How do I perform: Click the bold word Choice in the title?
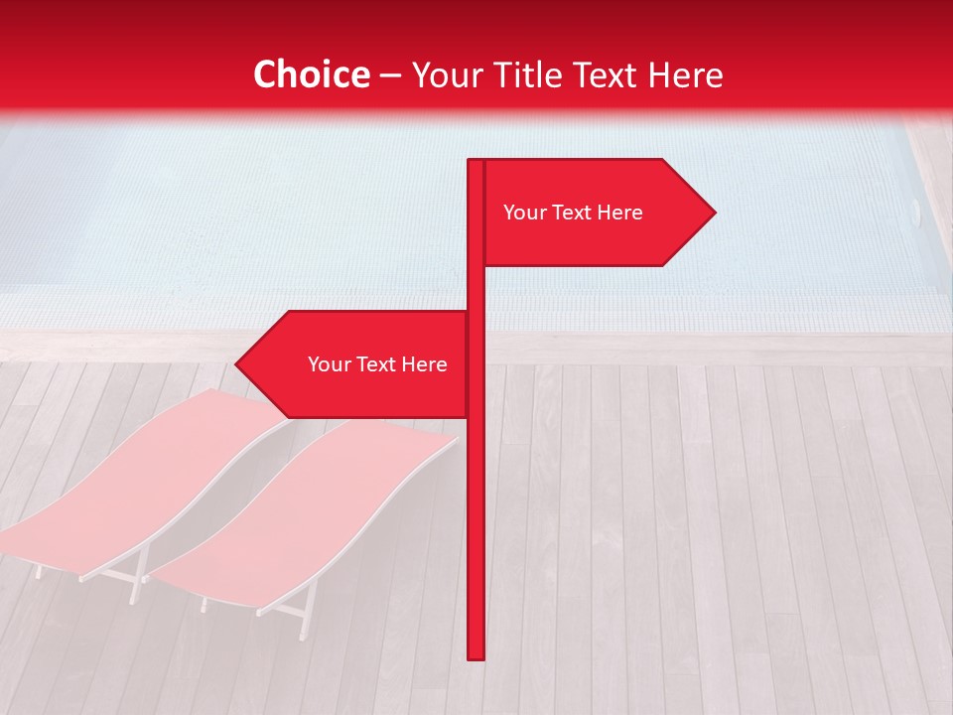coord(311,75)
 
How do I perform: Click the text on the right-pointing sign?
coord(573,213)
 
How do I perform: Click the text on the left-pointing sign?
coord(377,364)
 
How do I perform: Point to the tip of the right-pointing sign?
coord(714,212)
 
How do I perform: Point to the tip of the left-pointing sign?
coord(237,364)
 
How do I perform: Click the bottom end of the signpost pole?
coord(476,655)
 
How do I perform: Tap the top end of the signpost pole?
coord(476,163)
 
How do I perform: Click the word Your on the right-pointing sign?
coord(523,213)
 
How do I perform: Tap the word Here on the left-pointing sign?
coord(425,364)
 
